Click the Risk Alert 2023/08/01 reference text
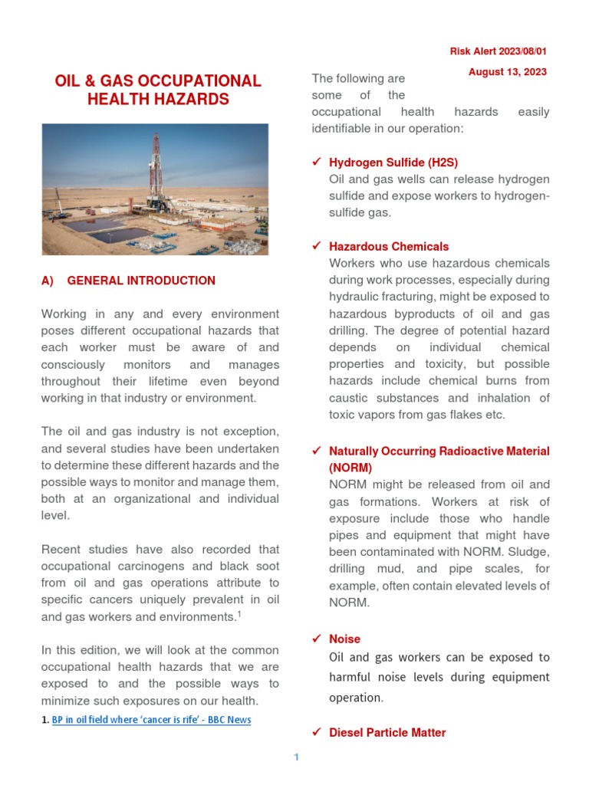pyautogui.click(x=498, y=51)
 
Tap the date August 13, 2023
pyautogui.click(x=508, y=72)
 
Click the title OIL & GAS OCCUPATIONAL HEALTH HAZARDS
pyautogui.click(x=157, y=90)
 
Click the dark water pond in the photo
pyautogui.click(x=107, y=227)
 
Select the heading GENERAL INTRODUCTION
pyautogui.click(x=141, y=281)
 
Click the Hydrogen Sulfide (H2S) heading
pyautogui.click(x=393, y=163)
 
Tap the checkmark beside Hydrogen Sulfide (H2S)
pyautogui.click(x=316, y=163)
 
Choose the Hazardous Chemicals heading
pyautogui.click(x=389, y=247)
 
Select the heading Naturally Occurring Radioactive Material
pyautogui.click(x=439, y=451)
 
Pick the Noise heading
pyautogui.click(x=344, y=639)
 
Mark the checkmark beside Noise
pyautogui.click(x=316, y=639)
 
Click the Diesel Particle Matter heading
pyautogui.click(x=387, y=733)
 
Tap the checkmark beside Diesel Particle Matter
pyautogui.click(x=316, y=733)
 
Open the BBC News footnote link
pyautogui.click(x=151, y=720)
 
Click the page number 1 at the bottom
pyautogui.click(x=295, y=758)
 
